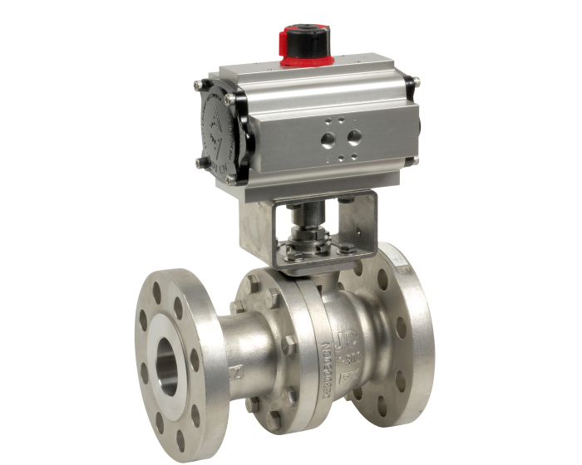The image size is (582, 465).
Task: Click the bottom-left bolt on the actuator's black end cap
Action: click(x=200, y=162)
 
